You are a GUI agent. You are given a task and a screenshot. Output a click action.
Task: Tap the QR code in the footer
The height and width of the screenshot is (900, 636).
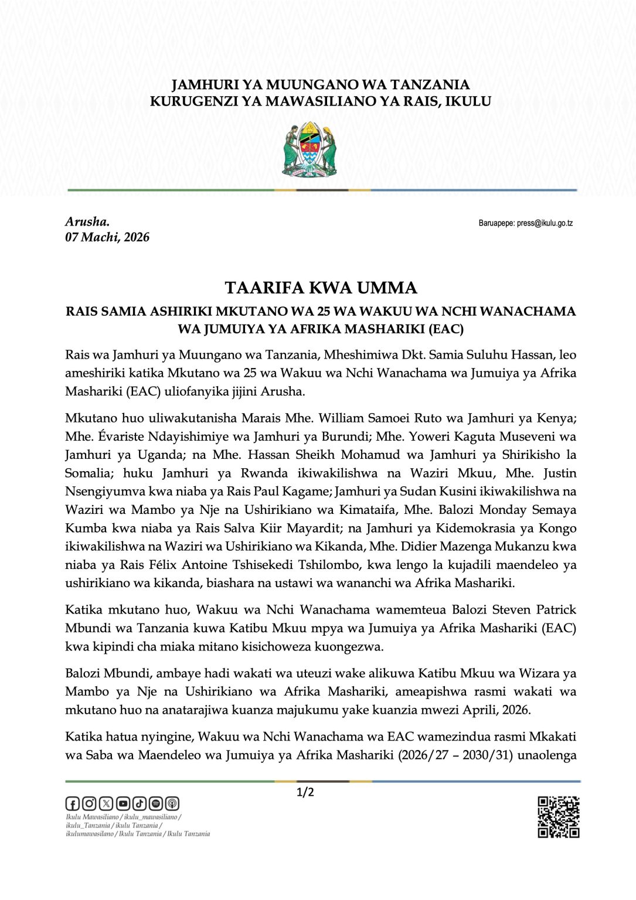click(x=559, y=817)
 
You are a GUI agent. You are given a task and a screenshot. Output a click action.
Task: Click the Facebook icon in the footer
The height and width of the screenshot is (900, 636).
click(x=73, y=803)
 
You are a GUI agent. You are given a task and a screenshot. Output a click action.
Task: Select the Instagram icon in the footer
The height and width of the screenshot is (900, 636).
click(x=89, y=803)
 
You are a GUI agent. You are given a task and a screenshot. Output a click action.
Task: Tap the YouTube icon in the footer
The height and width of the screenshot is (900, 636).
click(x=123, y=803)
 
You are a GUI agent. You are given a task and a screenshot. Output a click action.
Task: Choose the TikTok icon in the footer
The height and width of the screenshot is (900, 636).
click(x=140, y=803)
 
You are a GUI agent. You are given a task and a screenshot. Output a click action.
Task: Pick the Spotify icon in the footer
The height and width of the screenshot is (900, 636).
click(x=156, y=803)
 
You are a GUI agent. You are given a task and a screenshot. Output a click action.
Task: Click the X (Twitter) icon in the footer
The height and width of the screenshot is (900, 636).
click(x=106, y=803)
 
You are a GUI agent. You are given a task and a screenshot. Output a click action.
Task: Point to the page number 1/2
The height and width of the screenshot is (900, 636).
click(x=305, y=793)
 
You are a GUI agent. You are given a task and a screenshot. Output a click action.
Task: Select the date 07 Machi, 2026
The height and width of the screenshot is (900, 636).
click(x=107, y=237)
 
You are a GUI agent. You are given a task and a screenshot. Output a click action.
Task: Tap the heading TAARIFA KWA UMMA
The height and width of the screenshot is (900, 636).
click(x=321, y=288)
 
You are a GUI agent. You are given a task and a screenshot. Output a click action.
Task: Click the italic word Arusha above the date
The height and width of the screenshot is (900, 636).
click(x=87, y=221)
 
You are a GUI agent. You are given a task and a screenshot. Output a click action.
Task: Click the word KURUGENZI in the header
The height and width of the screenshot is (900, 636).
click(x=190, y=101)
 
